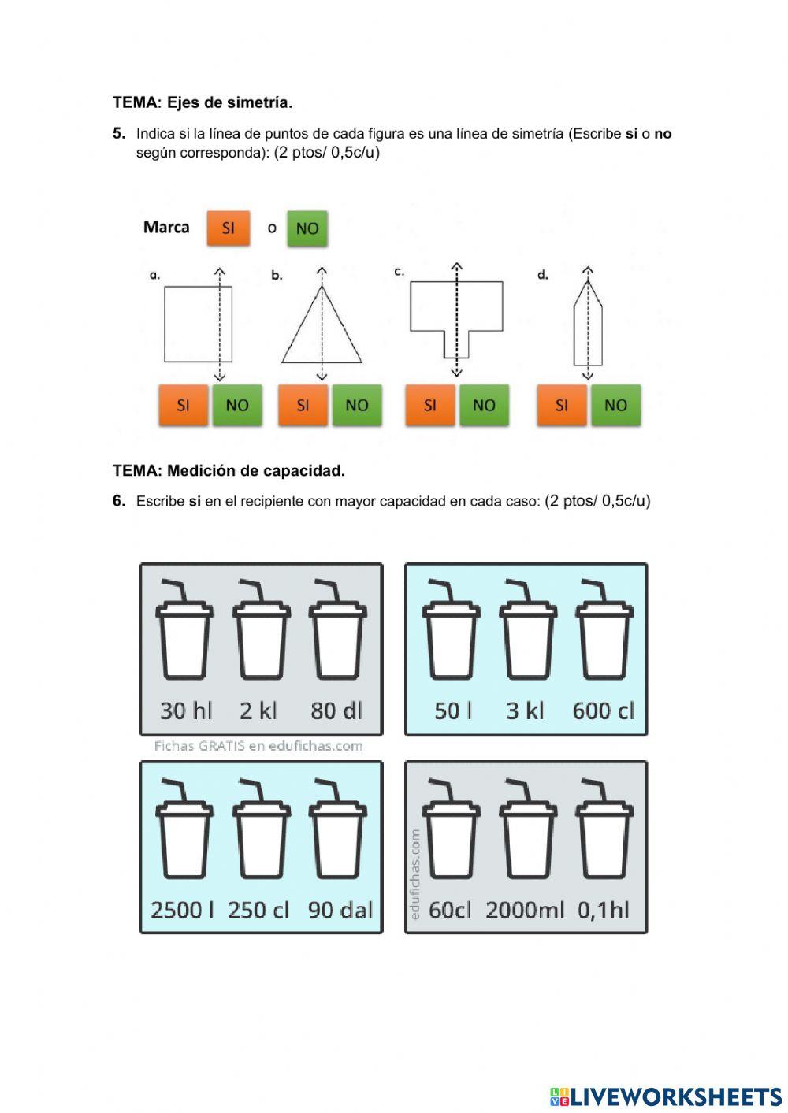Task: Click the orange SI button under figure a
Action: point(184,405)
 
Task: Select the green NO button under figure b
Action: point(357,405)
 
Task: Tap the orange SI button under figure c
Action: point(430,405)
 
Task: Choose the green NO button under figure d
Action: point(615,405)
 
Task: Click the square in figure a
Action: point(165,324)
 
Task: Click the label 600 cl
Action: point(603,710)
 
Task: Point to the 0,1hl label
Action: point(603,911)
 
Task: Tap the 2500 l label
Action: point(182,911)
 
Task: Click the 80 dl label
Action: point(336,710)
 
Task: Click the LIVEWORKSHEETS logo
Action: point(666,1096)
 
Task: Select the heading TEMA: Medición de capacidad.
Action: point(229,470)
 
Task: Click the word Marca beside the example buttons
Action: point(166,228)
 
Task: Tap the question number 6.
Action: point(118,501)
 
